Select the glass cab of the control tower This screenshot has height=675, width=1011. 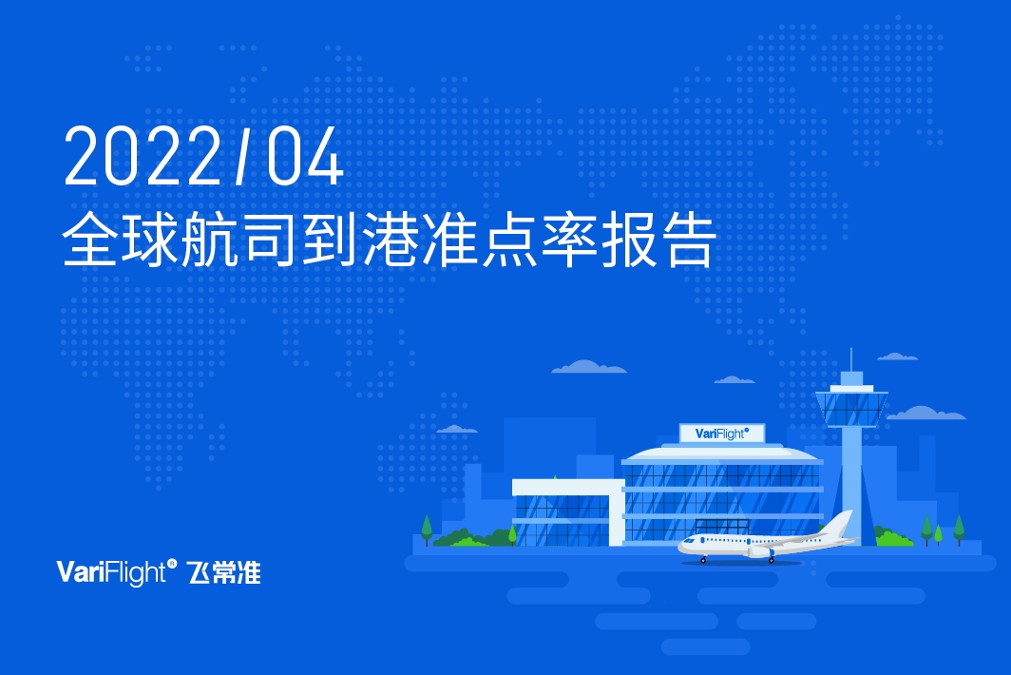(851, 406)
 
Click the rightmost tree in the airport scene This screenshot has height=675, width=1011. (959, 528)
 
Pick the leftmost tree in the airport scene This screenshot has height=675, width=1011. (427, 527)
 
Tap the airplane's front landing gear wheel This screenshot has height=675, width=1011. (704, 559)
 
